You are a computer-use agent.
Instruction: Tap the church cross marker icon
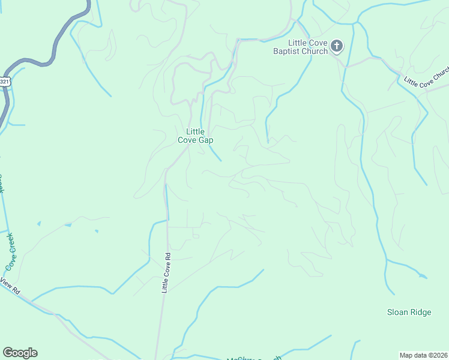337,46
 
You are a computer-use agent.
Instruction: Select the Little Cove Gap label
196,136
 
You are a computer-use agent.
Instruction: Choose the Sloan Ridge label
409,312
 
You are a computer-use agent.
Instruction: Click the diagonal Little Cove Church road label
426,83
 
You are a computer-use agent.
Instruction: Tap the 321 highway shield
5,81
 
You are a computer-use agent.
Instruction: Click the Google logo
20,353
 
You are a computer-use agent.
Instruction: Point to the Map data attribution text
423,355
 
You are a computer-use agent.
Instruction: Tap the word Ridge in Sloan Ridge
421,312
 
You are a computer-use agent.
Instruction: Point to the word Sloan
397,312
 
